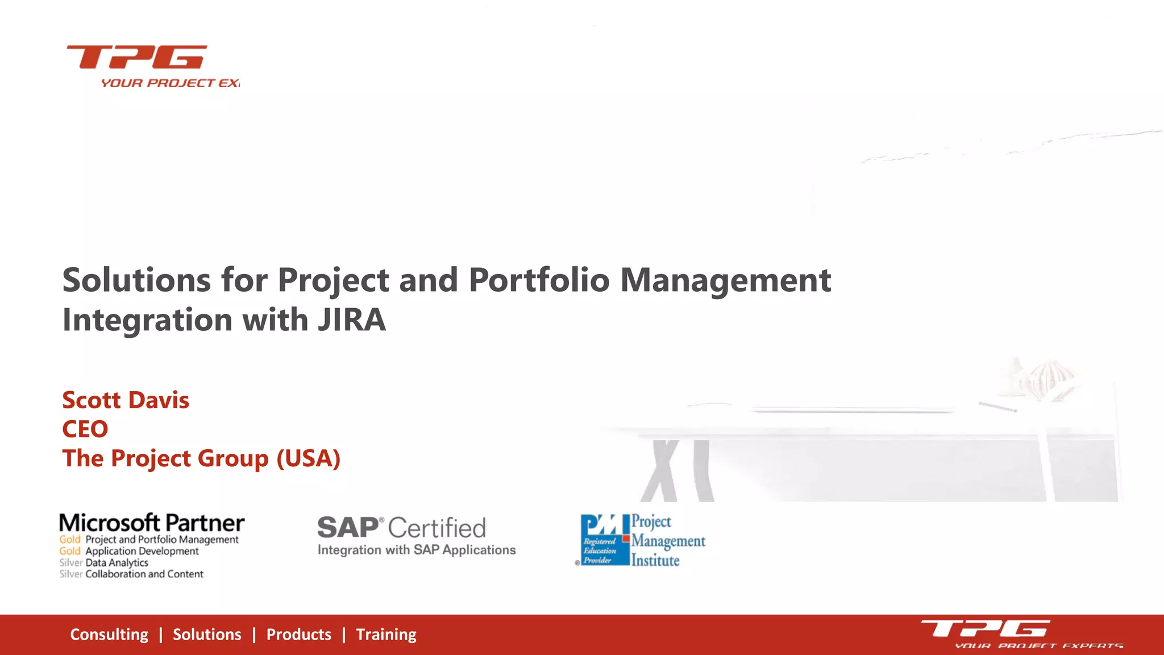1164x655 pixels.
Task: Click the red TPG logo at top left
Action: [137, 57]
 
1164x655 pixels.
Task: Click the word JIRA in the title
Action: [352, 320]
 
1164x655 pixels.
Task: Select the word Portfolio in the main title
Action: [539, 280]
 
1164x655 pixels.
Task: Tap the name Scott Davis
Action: [126, 400]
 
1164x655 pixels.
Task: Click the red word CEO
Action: [85, 429]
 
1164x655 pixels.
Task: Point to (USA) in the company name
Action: [308, 459]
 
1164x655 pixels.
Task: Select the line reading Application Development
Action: [142, 551]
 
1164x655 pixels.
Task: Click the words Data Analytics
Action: [117, 562]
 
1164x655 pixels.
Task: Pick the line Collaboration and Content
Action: [144, 574]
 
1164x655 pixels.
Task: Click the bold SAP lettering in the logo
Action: [348, 528]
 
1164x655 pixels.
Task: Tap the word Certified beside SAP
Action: [436, 528]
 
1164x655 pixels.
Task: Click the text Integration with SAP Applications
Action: [417, 550]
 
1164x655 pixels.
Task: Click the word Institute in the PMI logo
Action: [655, 561]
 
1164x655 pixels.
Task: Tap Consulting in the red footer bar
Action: [109, 635]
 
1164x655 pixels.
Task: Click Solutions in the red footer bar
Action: [207, 635]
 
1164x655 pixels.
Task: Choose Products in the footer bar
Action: [298, 635]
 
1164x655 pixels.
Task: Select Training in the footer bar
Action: [386, 635]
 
